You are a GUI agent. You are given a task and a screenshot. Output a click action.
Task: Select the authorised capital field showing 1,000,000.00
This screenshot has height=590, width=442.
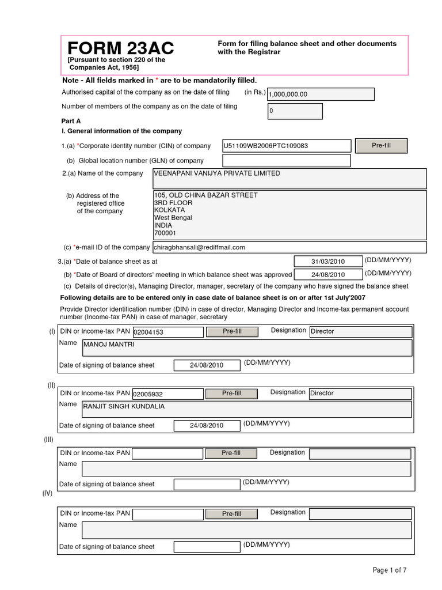(321, 94)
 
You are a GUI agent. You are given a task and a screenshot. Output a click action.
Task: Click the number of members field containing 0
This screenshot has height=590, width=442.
(295, 111)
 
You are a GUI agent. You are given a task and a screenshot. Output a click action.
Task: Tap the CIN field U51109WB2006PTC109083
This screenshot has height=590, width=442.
(287, 146)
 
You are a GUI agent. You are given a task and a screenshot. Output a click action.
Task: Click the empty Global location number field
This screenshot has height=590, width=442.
(287, 161)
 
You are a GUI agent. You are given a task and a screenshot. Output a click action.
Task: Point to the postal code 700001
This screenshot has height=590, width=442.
(165, 233)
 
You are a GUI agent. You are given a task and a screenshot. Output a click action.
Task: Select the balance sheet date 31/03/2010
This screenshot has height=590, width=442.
(328, 262)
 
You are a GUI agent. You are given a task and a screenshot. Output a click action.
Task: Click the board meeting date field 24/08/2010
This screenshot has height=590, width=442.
(328, 275)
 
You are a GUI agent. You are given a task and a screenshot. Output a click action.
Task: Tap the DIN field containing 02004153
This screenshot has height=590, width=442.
(167, 332)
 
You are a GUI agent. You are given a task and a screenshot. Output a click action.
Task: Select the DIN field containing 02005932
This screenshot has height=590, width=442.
(167, 394)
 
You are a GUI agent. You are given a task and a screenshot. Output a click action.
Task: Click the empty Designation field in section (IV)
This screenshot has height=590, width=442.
(360, 513)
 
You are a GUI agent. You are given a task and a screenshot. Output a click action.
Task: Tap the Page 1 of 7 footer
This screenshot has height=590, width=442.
(390, 570)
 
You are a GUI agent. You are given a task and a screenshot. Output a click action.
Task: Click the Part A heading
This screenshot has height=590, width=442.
(71, 122)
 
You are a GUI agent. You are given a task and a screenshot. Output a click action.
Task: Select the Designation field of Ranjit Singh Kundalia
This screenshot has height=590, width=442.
(360, 394)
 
